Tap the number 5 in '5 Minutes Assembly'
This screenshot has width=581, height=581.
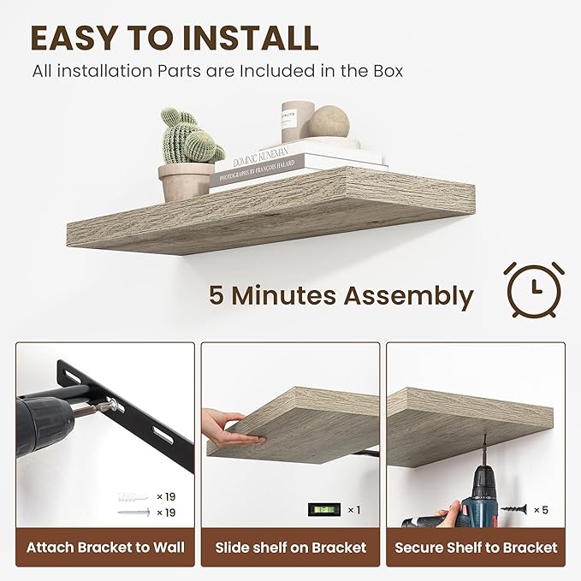pyautogui.click(x=217, y=296)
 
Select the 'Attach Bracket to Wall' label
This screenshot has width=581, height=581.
pyautogui.click(x=105, y=547)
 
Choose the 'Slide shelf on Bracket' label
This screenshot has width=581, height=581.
pyautogui.click(x=291, y=547)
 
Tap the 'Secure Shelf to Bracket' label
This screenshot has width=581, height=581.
pyautogui.click(x=476, y=547)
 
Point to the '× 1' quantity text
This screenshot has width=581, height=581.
pyautogui.click(x=353, y=510)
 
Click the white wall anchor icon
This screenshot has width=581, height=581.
pyautogui.click(x=136, y=496)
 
